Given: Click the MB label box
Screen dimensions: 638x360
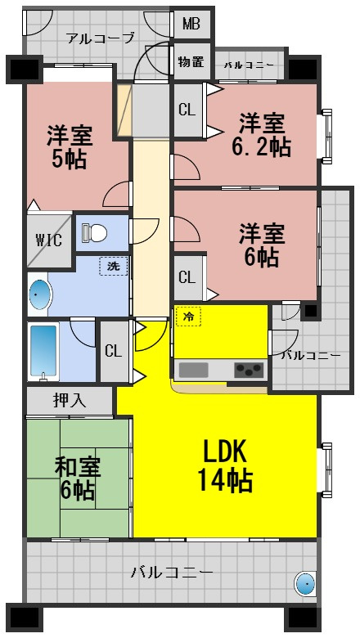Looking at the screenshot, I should (191, 24).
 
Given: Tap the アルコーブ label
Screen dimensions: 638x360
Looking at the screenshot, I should (101, 38).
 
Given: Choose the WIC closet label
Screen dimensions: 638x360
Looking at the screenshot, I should (43, 240).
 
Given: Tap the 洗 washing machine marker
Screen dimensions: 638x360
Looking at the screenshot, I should (112, 266).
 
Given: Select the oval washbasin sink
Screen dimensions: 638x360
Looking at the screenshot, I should (38, 295).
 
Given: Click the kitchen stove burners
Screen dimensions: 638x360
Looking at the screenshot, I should (248, 370).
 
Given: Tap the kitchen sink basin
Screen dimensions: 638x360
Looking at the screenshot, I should (195, 370).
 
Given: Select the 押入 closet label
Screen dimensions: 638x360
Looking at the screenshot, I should (68, 401).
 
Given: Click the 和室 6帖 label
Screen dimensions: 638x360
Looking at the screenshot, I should (77, 478).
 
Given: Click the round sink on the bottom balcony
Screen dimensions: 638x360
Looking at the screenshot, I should (304, 583).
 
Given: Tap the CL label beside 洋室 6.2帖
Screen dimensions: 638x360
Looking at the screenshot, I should (187, 110).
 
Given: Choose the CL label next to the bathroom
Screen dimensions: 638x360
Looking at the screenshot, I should (113, 352).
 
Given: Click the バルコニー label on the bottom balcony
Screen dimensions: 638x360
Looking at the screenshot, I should (172, 572).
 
